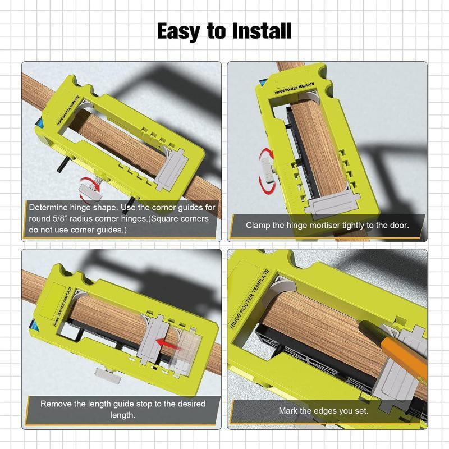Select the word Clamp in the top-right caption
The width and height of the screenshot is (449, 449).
click(x=258, y=225)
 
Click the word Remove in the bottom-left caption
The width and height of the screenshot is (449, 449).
click(x=58, y=404)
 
